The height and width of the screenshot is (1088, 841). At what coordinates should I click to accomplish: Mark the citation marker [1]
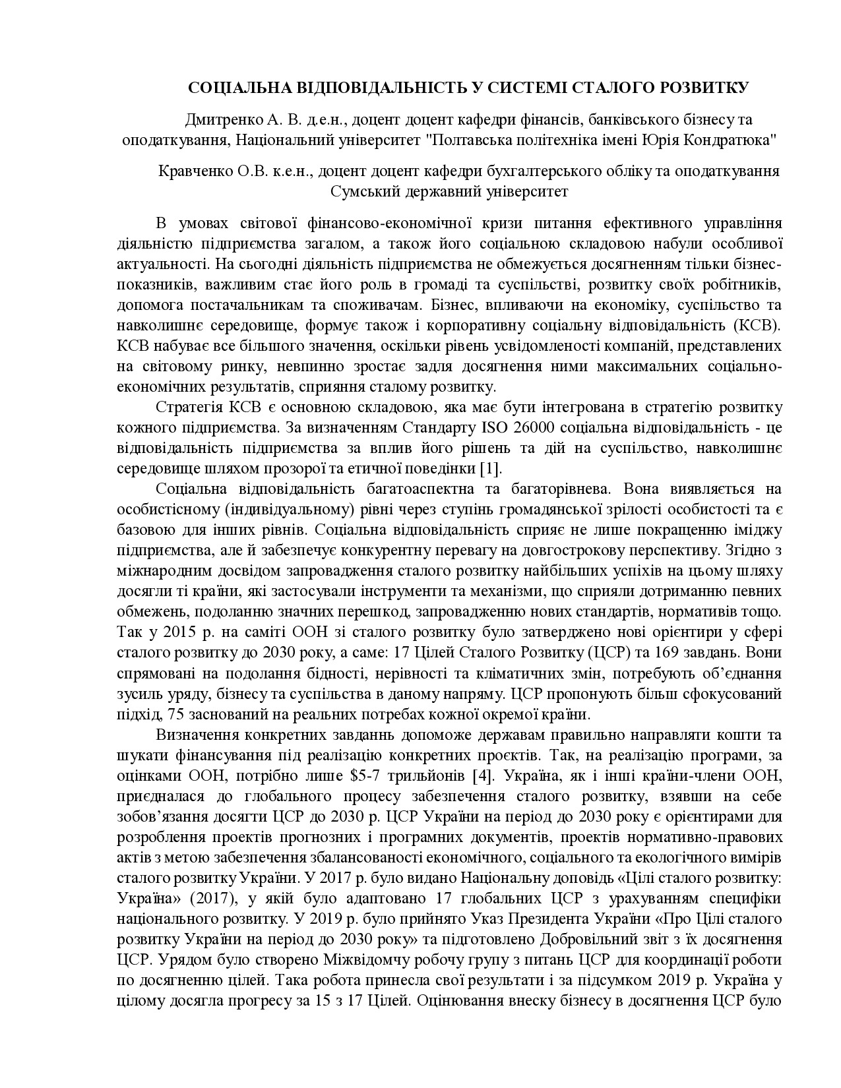(489, 468)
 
